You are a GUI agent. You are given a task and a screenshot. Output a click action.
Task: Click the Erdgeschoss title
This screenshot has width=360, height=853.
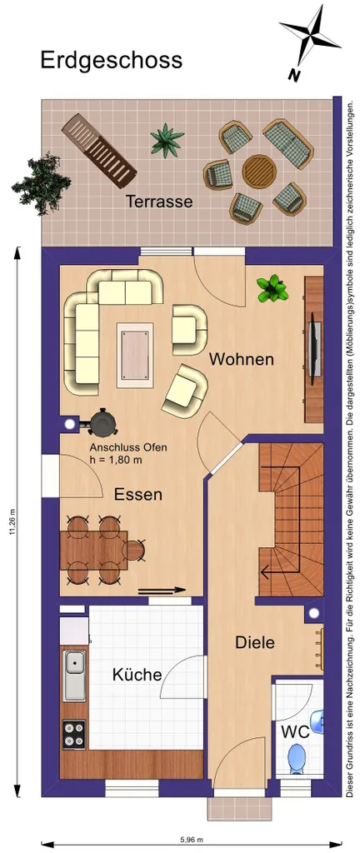pos(112,60)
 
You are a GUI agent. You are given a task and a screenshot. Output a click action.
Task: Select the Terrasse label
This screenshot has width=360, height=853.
pos(159,202)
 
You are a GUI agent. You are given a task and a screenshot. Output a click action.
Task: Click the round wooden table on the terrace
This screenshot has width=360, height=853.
pos(259,170)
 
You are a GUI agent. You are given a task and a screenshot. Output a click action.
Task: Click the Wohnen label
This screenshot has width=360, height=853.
pos(242,359)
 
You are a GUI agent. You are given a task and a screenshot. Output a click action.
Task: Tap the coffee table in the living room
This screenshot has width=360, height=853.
pos(135,354)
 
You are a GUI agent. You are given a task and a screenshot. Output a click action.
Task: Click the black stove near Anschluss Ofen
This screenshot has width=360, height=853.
pos(102,422)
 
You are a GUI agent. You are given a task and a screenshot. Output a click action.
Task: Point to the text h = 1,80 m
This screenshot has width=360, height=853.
pos(117,459)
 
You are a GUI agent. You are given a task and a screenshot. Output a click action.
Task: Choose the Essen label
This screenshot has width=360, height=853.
pos(138,495)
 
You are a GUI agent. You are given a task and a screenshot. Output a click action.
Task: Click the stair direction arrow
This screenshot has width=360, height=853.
pos(281,572)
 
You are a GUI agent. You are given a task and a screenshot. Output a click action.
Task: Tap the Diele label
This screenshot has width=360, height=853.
pos(254,642)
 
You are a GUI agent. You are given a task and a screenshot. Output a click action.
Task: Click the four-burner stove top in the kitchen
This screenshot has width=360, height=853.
pos(74,734)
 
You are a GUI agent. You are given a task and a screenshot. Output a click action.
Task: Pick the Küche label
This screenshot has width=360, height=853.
pos(137,675)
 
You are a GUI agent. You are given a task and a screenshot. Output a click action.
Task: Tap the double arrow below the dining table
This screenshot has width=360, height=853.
pos(162,590)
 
